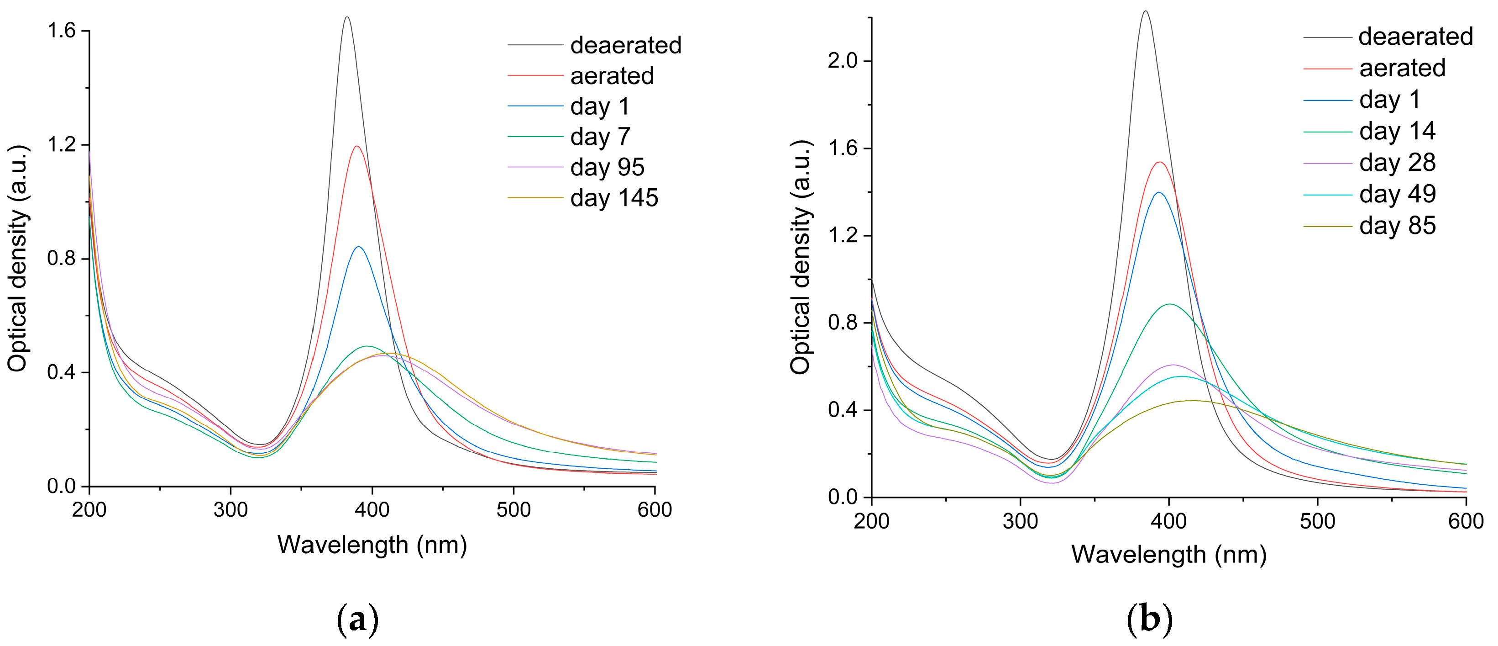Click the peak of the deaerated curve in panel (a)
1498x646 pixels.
pos(347,17)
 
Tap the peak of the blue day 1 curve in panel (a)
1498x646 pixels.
pos(359,247)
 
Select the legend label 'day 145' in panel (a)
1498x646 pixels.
pos(614,198)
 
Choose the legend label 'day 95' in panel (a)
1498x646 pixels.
pos(607,168)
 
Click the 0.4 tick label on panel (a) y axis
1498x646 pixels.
pos(62,372)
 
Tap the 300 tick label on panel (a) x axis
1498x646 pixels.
pos(230,510)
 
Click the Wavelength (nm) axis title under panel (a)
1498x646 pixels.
pos(372,545)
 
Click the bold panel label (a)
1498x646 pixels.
pos(358,620)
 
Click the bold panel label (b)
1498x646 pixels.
pos(1150,620)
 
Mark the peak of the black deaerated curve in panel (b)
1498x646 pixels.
pos(1146,11)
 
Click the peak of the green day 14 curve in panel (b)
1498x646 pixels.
pos(1169,304)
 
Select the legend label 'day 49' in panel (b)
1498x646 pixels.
pos(1398,194)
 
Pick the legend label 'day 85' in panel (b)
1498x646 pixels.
pos(1398,226)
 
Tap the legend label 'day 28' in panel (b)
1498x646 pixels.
pos(1398,163)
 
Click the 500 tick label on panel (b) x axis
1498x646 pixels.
pos(1317,521)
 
